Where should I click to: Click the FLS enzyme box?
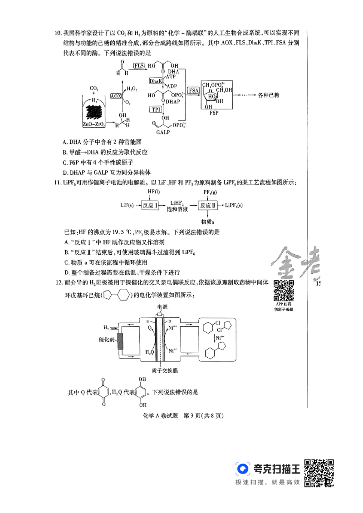[x=139, y=66]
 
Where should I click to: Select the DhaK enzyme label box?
[x=156, y=81]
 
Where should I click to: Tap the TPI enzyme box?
[x=156, y=109]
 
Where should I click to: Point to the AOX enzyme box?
[x=116, y=96]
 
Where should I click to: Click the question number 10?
[x=58, y=33]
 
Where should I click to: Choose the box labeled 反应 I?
[x=150, y=205]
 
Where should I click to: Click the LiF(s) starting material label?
[x=127, y=205]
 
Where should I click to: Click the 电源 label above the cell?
[x=162, y=307]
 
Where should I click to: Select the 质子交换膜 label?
[x=162, y=370]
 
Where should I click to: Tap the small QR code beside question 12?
[x=283, y=291]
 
